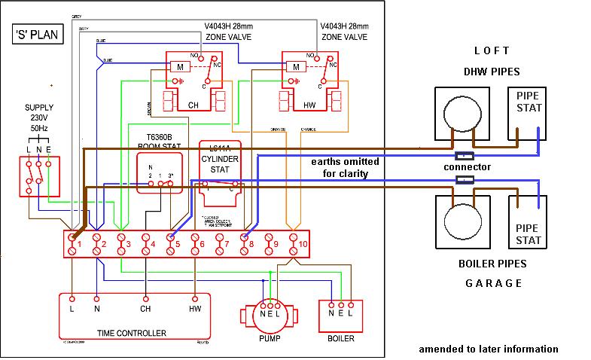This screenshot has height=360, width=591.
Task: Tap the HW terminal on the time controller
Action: coord(195,307)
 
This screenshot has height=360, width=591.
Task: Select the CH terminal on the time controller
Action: coord(145,307)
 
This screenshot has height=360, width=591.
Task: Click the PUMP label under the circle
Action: coord(270,338)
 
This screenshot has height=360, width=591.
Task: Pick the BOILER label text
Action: coord(340,338)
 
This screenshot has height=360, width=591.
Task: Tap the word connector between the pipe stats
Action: coord(467,166)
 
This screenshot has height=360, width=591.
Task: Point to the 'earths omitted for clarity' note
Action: coord(346,167)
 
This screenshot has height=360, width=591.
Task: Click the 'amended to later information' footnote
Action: coord(488,349)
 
